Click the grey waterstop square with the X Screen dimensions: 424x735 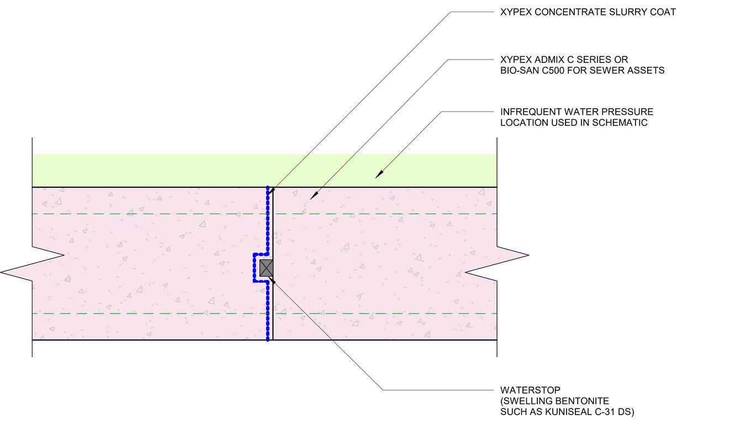tap(267, 268)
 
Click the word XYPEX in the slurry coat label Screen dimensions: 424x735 tap(514, 12)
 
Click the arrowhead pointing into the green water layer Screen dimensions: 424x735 tap(378, 174)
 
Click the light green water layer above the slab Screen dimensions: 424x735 tap(166, 170)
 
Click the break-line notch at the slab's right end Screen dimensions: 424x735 tap(497, 264)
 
